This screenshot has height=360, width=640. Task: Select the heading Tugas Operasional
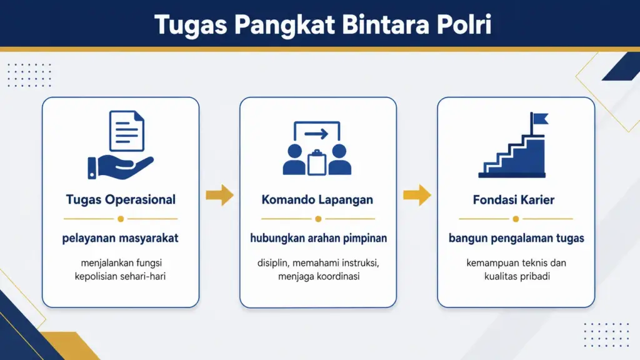click(121, 200)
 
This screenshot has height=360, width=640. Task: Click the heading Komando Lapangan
click(317, 200)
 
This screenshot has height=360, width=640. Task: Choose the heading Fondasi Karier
click(516, 200)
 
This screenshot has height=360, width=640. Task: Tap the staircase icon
click(512, 153)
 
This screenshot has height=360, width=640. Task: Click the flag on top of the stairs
click(539, 119)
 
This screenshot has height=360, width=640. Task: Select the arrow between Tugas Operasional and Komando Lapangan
click(219, 195)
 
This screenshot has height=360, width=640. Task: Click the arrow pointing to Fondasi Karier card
click(417, 195)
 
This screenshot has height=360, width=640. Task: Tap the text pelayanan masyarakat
click(121, 238)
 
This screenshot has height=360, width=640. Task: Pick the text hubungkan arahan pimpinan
click(317, 238)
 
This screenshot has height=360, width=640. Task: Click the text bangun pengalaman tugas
click(516, 238)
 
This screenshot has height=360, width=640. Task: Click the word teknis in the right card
click(536, 263)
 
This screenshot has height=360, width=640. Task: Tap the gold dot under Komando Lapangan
click(318, 219)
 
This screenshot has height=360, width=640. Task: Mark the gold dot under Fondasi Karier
click(516, 219)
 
